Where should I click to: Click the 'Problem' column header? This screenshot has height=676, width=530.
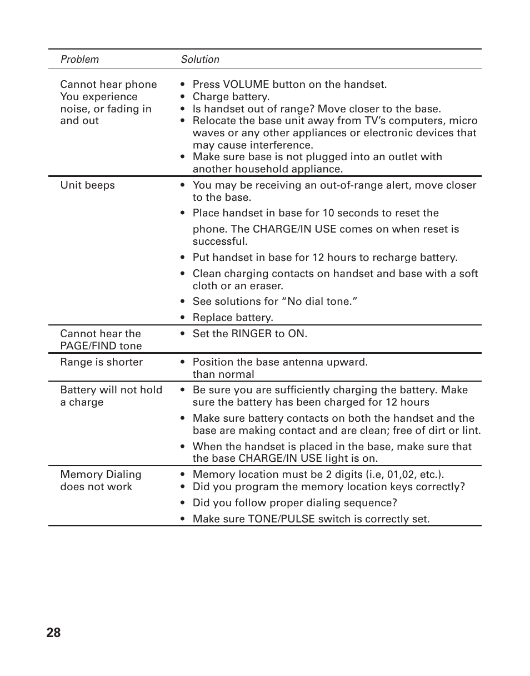point(79,60)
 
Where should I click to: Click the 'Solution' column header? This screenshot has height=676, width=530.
point(200,60)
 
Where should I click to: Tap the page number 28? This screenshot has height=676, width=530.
point(54,633)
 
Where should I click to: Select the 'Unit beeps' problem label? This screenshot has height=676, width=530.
point(87,185)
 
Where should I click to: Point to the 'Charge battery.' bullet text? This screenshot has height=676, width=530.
point(231,97)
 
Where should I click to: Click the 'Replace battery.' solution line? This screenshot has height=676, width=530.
point(232,318)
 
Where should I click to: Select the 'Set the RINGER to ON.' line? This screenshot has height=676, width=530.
point(249,334)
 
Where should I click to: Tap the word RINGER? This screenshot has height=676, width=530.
point(253,334)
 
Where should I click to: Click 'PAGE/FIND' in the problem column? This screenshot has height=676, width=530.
point(85,346)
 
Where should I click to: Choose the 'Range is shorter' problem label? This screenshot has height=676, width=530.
point(101,362)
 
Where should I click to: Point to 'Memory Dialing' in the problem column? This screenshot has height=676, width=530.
point(101,475)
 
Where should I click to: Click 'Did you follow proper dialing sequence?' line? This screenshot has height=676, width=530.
point(294,503)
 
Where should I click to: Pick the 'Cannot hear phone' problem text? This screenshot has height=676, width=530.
point(108,85)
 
